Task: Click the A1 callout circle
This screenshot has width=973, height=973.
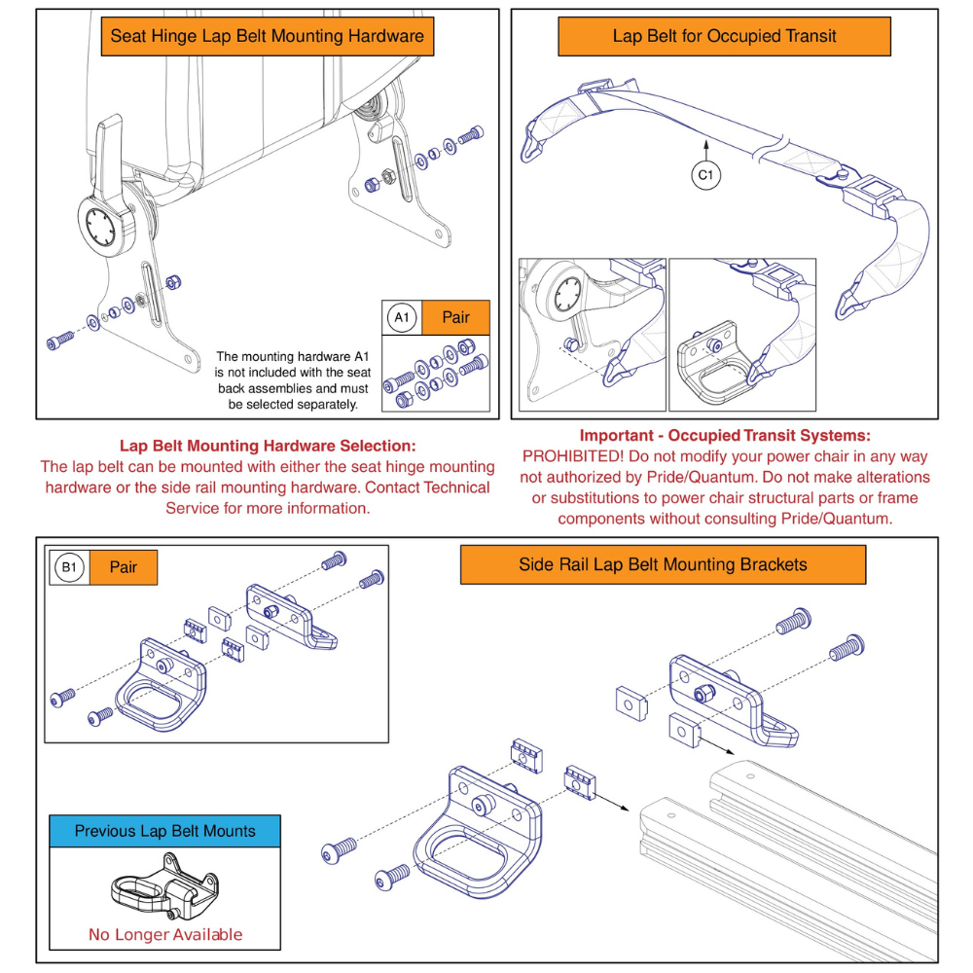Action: tap(402, 317)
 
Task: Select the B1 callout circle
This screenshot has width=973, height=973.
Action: tap(70, 567)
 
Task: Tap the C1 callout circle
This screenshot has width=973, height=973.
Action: tap(707, 176)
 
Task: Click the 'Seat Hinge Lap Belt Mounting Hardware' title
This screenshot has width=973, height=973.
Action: tap(268, 37)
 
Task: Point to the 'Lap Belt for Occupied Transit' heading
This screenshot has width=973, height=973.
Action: tap(724, 37)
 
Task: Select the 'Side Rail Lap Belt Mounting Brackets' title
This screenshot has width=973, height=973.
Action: tap(663, 564)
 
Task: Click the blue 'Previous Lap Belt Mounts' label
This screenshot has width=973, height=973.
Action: tap(165, 831)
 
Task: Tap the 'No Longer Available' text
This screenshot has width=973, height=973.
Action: tap(165, 935)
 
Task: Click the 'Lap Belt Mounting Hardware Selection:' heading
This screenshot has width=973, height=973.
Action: tap(268, 446)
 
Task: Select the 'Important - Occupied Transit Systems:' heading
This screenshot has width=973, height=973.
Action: tap(725, 435)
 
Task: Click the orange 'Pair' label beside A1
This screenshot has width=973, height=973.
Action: tap(455, 317)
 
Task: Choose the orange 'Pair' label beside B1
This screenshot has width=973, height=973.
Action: tap(124, 567)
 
